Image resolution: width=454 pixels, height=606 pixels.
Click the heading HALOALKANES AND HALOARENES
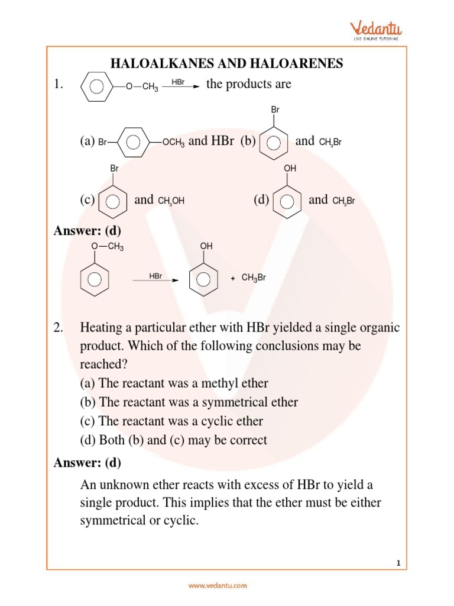(228, 64)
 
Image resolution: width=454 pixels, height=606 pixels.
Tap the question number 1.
(58, 85)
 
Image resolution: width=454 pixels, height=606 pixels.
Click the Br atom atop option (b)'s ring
(275, 110)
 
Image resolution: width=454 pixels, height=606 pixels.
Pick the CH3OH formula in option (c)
(171, 201)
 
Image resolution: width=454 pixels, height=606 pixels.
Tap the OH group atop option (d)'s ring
(290, 169)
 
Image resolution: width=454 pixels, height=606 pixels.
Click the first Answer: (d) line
(87, 231)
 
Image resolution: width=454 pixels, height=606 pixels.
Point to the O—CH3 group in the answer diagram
(108, 247)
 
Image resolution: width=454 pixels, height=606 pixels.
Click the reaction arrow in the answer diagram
(155, 281)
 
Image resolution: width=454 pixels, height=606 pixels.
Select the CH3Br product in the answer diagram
(254, 277)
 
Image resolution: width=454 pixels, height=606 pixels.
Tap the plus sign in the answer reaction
(234, 278)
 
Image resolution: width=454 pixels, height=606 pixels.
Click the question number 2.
(58, 328)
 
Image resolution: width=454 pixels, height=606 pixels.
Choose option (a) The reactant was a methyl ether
(174, 383)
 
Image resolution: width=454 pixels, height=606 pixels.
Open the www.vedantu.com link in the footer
(218, 586)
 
